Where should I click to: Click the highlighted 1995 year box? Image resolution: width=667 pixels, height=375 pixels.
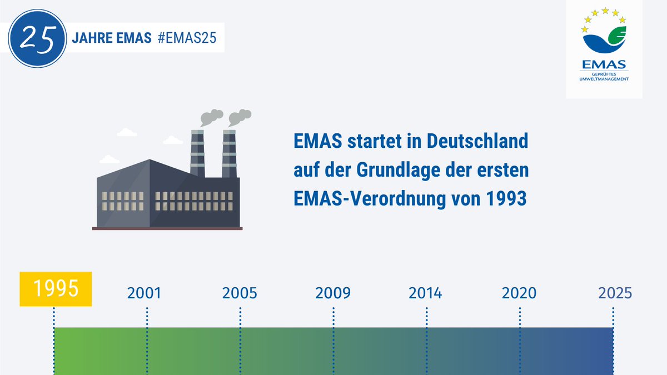[56, 289]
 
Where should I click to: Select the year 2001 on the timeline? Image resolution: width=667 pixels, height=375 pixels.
[144, 293]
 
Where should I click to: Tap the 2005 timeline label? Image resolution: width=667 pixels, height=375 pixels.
[240, 293]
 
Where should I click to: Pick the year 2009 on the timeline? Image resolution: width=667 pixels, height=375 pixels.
[333, 293]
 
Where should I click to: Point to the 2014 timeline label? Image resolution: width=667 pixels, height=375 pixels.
[425, 293]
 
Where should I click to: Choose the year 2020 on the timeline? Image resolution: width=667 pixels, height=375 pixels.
[519, 293]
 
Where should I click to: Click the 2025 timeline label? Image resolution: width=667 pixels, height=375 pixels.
[615, 293]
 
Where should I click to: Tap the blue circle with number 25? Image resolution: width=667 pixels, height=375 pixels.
[38, 38]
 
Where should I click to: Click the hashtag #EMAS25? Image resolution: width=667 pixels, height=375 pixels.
[187, 38]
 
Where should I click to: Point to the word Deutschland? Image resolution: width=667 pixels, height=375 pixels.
[477, 141]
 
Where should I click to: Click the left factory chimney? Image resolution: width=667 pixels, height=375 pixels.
[197, 153]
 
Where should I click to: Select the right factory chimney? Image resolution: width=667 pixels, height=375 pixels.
[229, 153]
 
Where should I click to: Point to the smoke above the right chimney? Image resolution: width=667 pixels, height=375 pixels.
[240, 117]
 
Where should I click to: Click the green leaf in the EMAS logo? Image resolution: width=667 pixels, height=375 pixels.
[617, 36]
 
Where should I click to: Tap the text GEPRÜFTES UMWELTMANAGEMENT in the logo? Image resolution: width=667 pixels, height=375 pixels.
[604, 77]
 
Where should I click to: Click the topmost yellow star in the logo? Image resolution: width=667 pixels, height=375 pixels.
[605, 11]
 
